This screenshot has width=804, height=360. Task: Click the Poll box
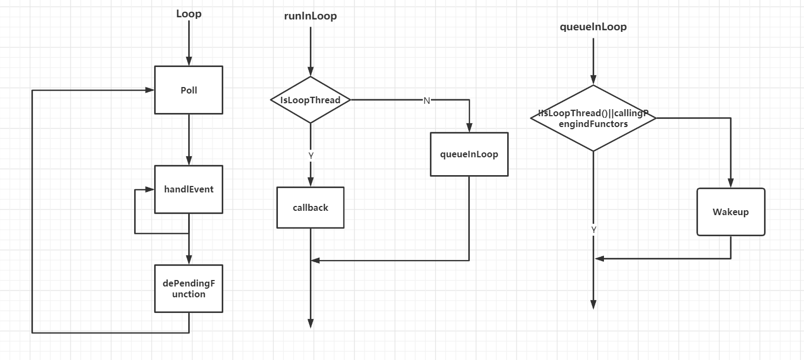[188, 90]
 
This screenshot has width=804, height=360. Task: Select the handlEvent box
[188, 189]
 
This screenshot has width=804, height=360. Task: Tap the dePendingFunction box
[188, 289]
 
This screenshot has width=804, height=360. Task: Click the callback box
[310, 208]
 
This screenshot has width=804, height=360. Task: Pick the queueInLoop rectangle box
[469, 154]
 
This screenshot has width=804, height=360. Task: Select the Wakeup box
[730, 212]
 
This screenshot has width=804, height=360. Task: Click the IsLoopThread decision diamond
[310, 100]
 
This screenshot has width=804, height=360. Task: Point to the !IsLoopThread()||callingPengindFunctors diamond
[593, 118]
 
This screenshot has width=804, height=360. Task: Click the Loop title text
[189, 14]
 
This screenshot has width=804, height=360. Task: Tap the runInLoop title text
[310, 16]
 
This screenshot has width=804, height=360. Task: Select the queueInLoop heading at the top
[593, 27]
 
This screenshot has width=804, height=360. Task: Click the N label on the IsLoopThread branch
[427, 101]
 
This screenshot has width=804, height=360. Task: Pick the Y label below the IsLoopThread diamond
[311, 155]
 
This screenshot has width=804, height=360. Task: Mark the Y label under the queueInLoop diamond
[594, 230]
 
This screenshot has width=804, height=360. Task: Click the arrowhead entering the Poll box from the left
[150, 90]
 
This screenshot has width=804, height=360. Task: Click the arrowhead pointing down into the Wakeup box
[730, 183]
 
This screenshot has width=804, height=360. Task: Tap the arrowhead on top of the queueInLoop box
[469, 128]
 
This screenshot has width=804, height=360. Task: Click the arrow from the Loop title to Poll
[189, 43]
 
